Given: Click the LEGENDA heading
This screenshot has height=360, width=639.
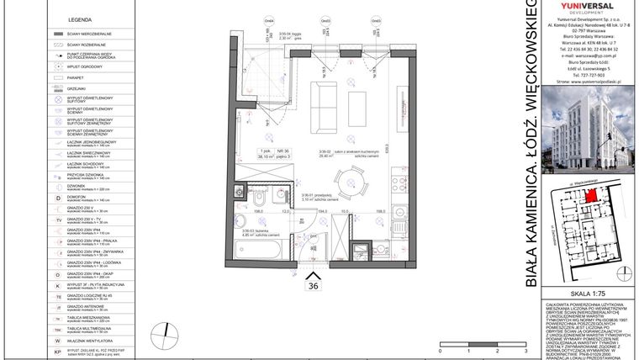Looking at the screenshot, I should point(80,18).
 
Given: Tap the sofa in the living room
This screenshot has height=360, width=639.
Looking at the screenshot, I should point(325,99).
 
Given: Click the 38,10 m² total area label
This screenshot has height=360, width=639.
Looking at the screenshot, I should point(269,156).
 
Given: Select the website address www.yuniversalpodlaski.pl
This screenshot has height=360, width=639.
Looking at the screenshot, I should point(586,82).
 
